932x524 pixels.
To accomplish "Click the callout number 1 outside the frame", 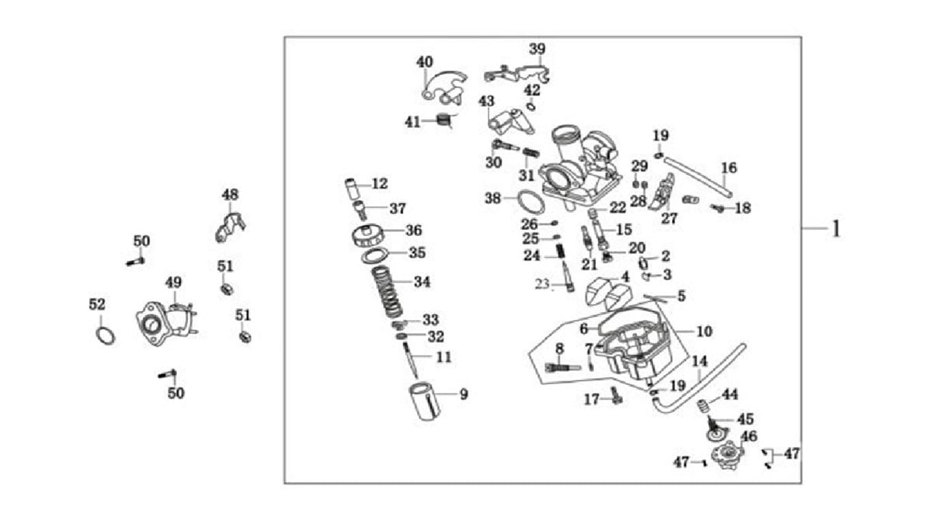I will (836, 230).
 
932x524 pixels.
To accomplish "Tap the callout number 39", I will (537, 49).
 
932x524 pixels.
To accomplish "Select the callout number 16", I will (729, 168).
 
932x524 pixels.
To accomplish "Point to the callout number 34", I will (422, 282).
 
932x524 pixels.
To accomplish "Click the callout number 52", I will (96, 305).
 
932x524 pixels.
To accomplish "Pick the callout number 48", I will (230, 194).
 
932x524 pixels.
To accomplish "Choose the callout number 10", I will (704, 331).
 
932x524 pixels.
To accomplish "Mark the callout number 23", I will (542, 284).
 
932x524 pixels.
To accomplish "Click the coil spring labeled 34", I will (386, 292).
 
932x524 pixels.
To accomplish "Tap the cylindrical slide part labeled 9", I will (425, 403).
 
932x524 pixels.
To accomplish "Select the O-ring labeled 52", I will (106, 335).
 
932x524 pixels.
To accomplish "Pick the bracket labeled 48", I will (230, 225).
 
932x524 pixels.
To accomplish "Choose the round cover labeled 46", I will (728, 456).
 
